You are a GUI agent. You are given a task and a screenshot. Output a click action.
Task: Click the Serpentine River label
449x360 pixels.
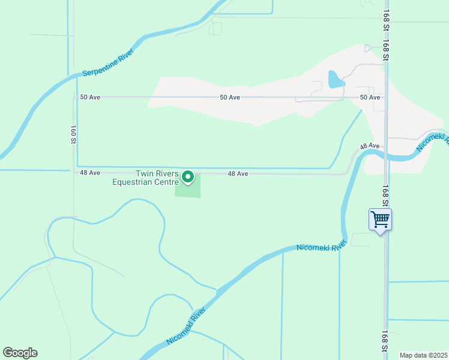click(x=109, y=65)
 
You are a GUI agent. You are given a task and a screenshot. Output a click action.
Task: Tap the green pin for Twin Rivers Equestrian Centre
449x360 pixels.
click(x=188, y=177)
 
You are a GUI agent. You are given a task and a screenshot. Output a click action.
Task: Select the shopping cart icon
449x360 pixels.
click(x=380, y=219)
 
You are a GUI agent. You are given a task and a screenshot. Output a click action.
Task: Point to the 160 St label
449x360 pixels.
click(x=73, y=134)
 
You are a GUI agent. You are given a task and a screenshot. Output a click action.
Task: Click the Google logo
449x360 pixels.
click(x=20, y=353)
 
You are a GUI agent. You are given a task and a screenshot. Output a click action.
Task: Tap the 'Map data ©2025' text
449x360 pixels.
click(x=423, y=355)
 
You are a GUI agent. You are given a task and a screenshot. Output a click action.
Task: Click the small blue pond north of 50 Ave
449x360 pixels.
click(x=335, y=79)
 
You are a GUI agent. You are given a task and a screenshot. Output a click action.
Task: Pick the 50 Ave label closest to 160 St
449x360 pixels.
click(x=89, y=97)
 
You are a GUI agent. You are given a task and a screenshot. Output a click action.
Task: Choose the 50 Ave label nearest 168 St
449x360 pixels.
click(x=370, y=97)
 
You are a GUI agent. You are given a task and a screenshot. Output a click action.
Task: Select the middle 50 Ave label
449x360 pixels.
click(x=230, y=97)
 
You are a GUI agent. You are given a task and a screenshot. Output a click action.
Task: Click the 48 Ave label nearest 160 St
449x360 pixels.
click(x=89, y=173)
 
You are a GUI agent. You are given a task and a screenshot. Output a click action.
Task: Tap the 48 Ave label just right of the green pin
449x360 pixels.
click(x=238, y=173)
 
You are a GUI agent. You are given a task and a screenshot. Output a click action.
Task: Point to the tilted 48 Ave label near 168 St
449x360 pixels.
click(x=370, y=146)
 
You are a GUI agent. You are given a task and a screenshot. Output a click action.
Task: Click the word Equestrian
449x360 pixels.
click(x=145, y=182)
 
